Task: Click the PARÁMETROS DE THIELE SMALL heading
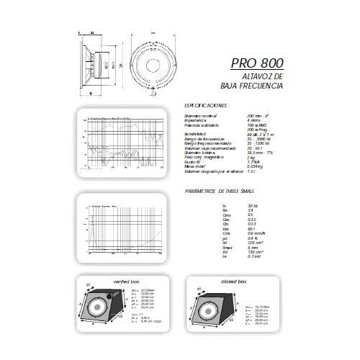pyautogui.click(x=219, y=192)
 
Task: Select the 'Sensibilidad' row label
pyautogui.click(x=198, y=134)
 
